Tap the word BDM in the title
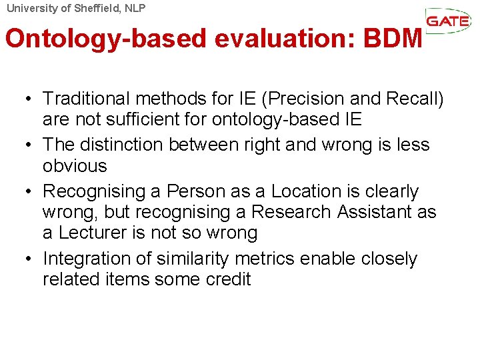[393, 39]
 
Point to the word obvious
[75, 165]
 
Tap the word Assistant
[386, 212]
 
